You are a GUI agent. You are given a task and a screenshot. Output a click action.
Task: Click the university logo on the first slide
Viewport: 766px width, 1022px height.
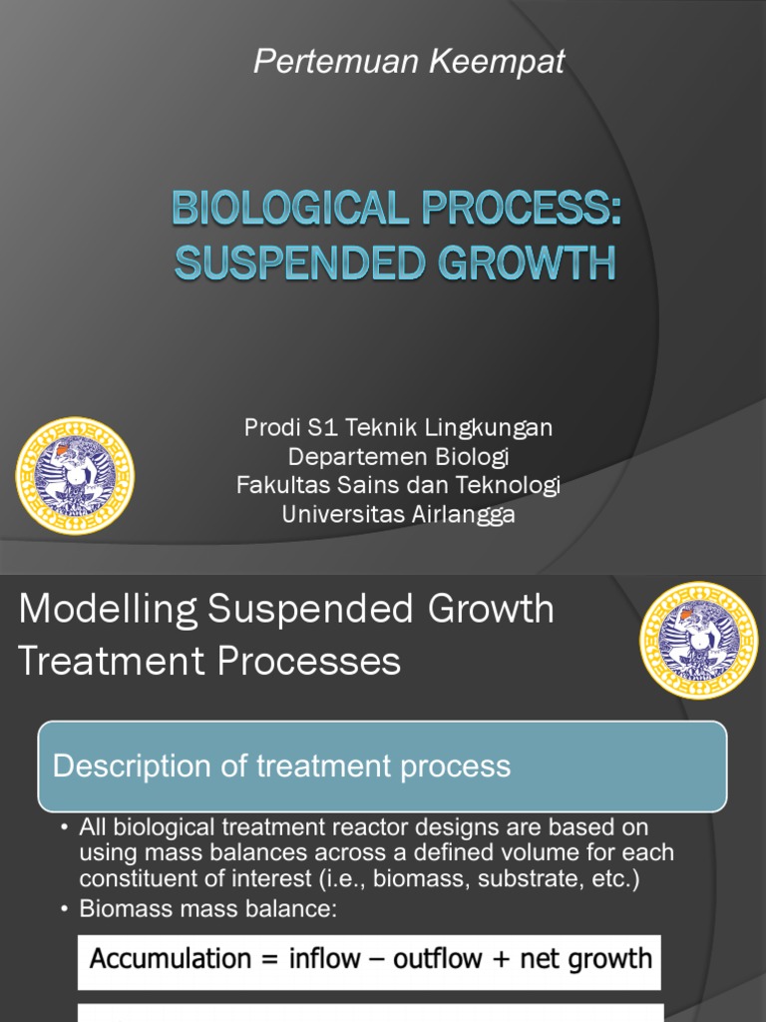pos(75,476)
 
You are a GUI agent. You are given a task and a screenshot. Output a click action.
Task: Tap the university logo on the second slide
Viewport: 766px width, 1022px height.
pos(698,640)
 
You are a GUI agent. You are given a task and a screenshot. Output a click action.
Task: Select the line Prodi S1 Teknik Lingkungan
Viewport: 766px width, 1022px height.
pos(398,428)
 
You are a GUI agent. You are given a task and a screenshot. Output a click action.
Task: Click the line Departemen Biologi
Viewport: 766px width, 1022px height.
pos(398,457)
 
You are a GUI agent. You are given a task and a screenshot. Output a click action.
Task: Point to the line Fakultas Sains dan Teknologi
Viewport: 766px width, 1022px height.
pos(398,486)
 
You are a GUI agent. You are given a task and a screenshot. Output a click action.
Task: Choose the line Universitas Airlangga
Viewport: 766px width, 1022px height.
pos(398,515)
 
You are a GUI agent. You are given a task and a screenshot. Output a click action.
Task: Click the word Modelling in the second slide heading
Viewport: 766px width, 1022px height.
pos(108,609)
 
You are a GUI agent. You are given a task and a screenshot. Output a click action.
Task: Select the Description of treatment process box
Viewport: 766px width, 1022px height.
pos(382,766)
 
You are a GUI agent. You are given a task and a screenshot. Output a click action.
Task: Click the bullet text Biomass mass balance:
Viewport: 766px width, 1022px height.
pos(209,910)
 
